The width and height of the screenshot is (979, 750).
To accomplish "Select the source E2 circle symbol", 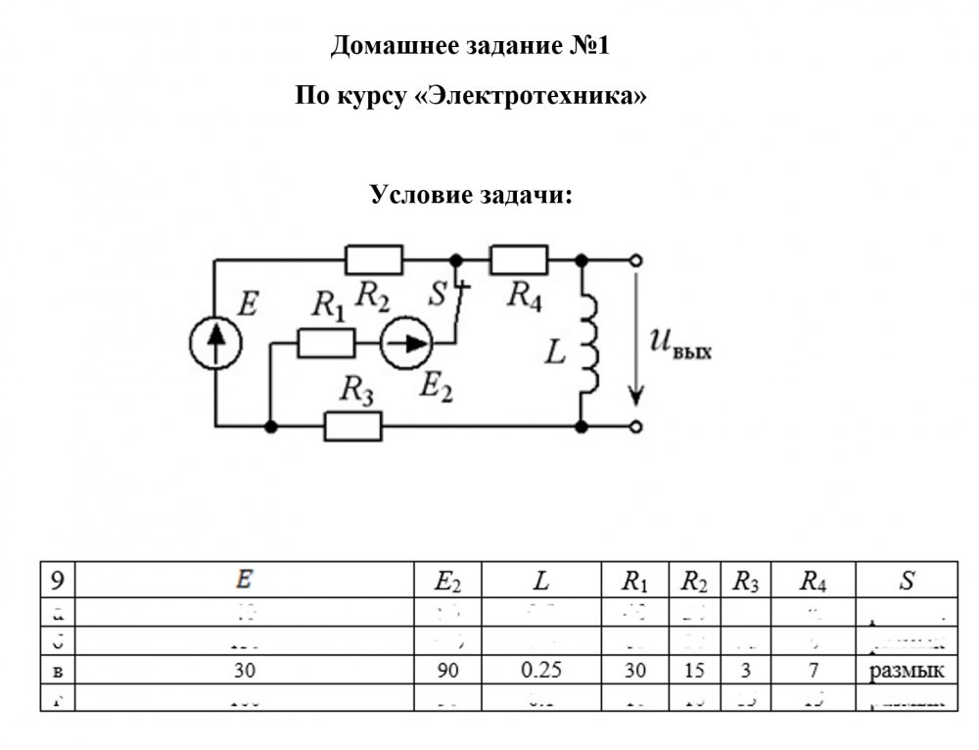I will pos(405,343).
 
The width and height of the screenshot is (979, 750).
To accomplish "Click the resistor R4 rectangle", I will pos(518,259).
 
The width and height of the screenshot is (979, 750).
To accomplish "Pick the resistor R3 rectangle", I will pos(352,427).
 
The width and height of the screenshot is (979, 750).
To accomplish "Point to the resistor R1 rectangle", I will pos(326,343).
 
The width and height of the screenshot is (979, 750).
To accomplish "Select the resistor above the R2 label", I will pos(373,259).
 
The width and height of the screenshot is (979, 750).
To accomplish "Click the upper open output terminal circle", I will pos(637,259).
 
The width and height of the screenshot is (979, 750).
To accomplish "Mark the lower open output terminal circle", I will pos(637,427).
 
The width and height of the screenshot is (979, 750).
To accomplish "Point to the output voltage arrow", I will pos(637,343).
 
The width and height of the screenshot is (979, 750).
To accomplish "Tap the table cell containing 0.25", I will pos(540,672).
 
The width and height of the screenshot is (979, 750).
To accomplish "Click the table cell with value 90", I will pos(447,672).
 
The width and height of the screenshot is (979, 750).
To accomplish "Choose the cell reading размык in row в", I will pos(906,672).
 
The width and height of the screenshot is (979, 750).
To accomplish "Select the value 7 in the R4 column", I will pos(812,672).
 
